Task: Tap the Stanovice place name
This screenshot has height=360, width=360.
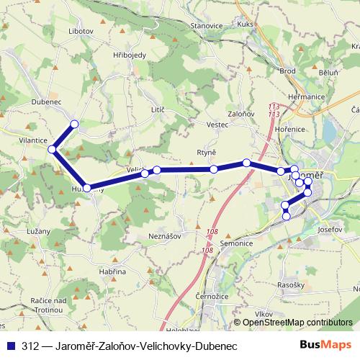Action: [x=206, y=25]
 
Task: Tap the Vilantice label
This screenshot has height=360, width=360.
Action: [x=33, y=140]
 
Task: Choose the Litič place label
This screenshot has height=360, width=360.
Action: [x=158, y=109]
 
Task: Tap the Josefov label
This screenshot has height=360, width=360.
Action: [x=328, y=229]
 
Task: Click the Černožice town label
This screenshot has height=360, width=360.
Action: [x=212, y=296]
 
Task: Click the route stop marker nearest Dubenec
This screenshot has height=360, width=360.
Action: [x=74, y=124]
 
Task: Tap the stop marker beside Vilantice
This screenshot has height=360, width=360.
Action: [x=52, y=149]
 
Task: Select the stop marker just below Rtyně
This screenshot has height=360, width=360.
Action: [x=215, y=169]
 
